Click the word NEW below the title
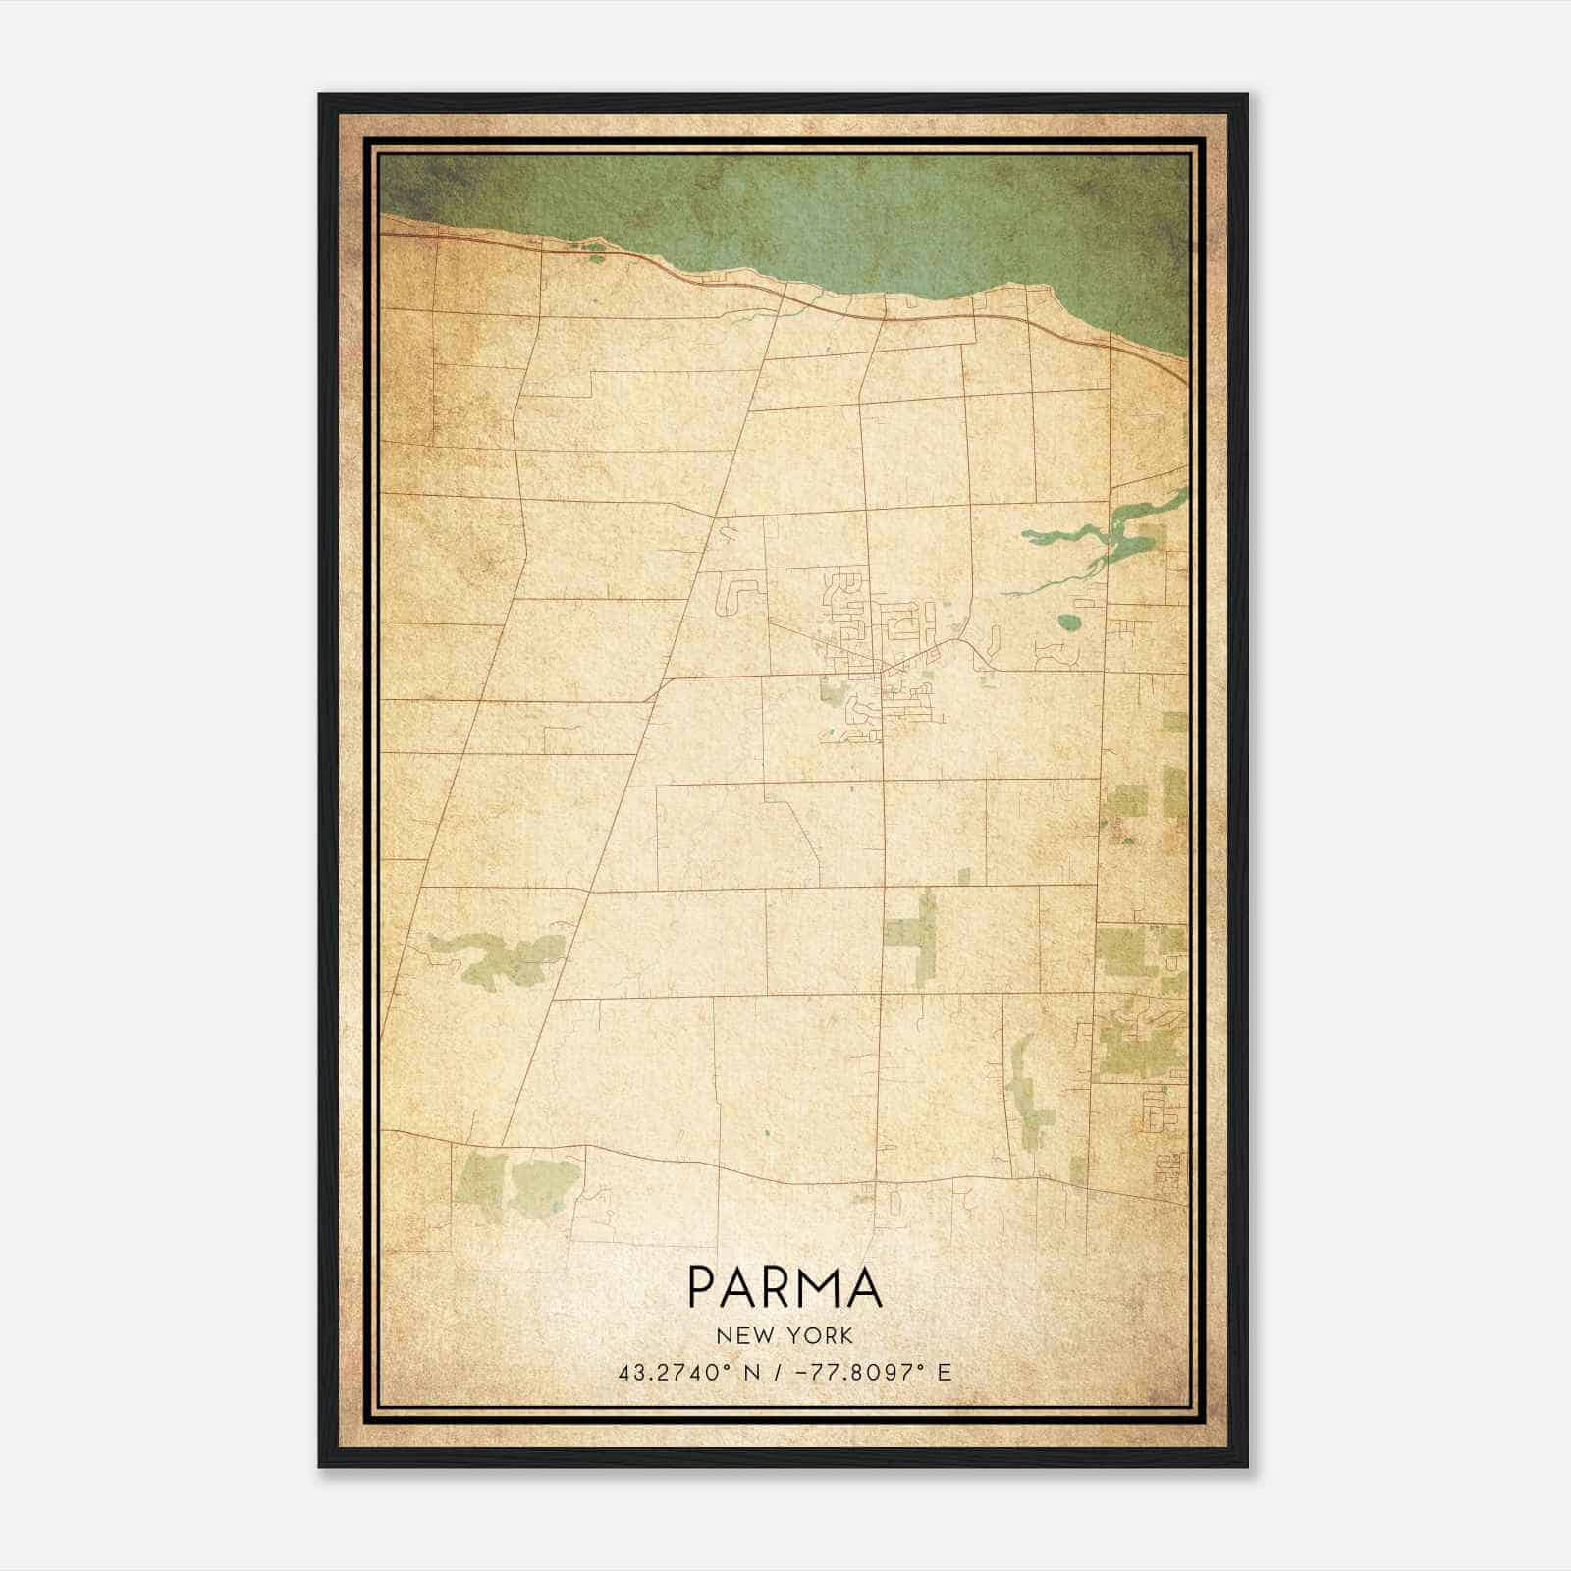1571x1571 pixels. click(x=740, y=1335)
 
